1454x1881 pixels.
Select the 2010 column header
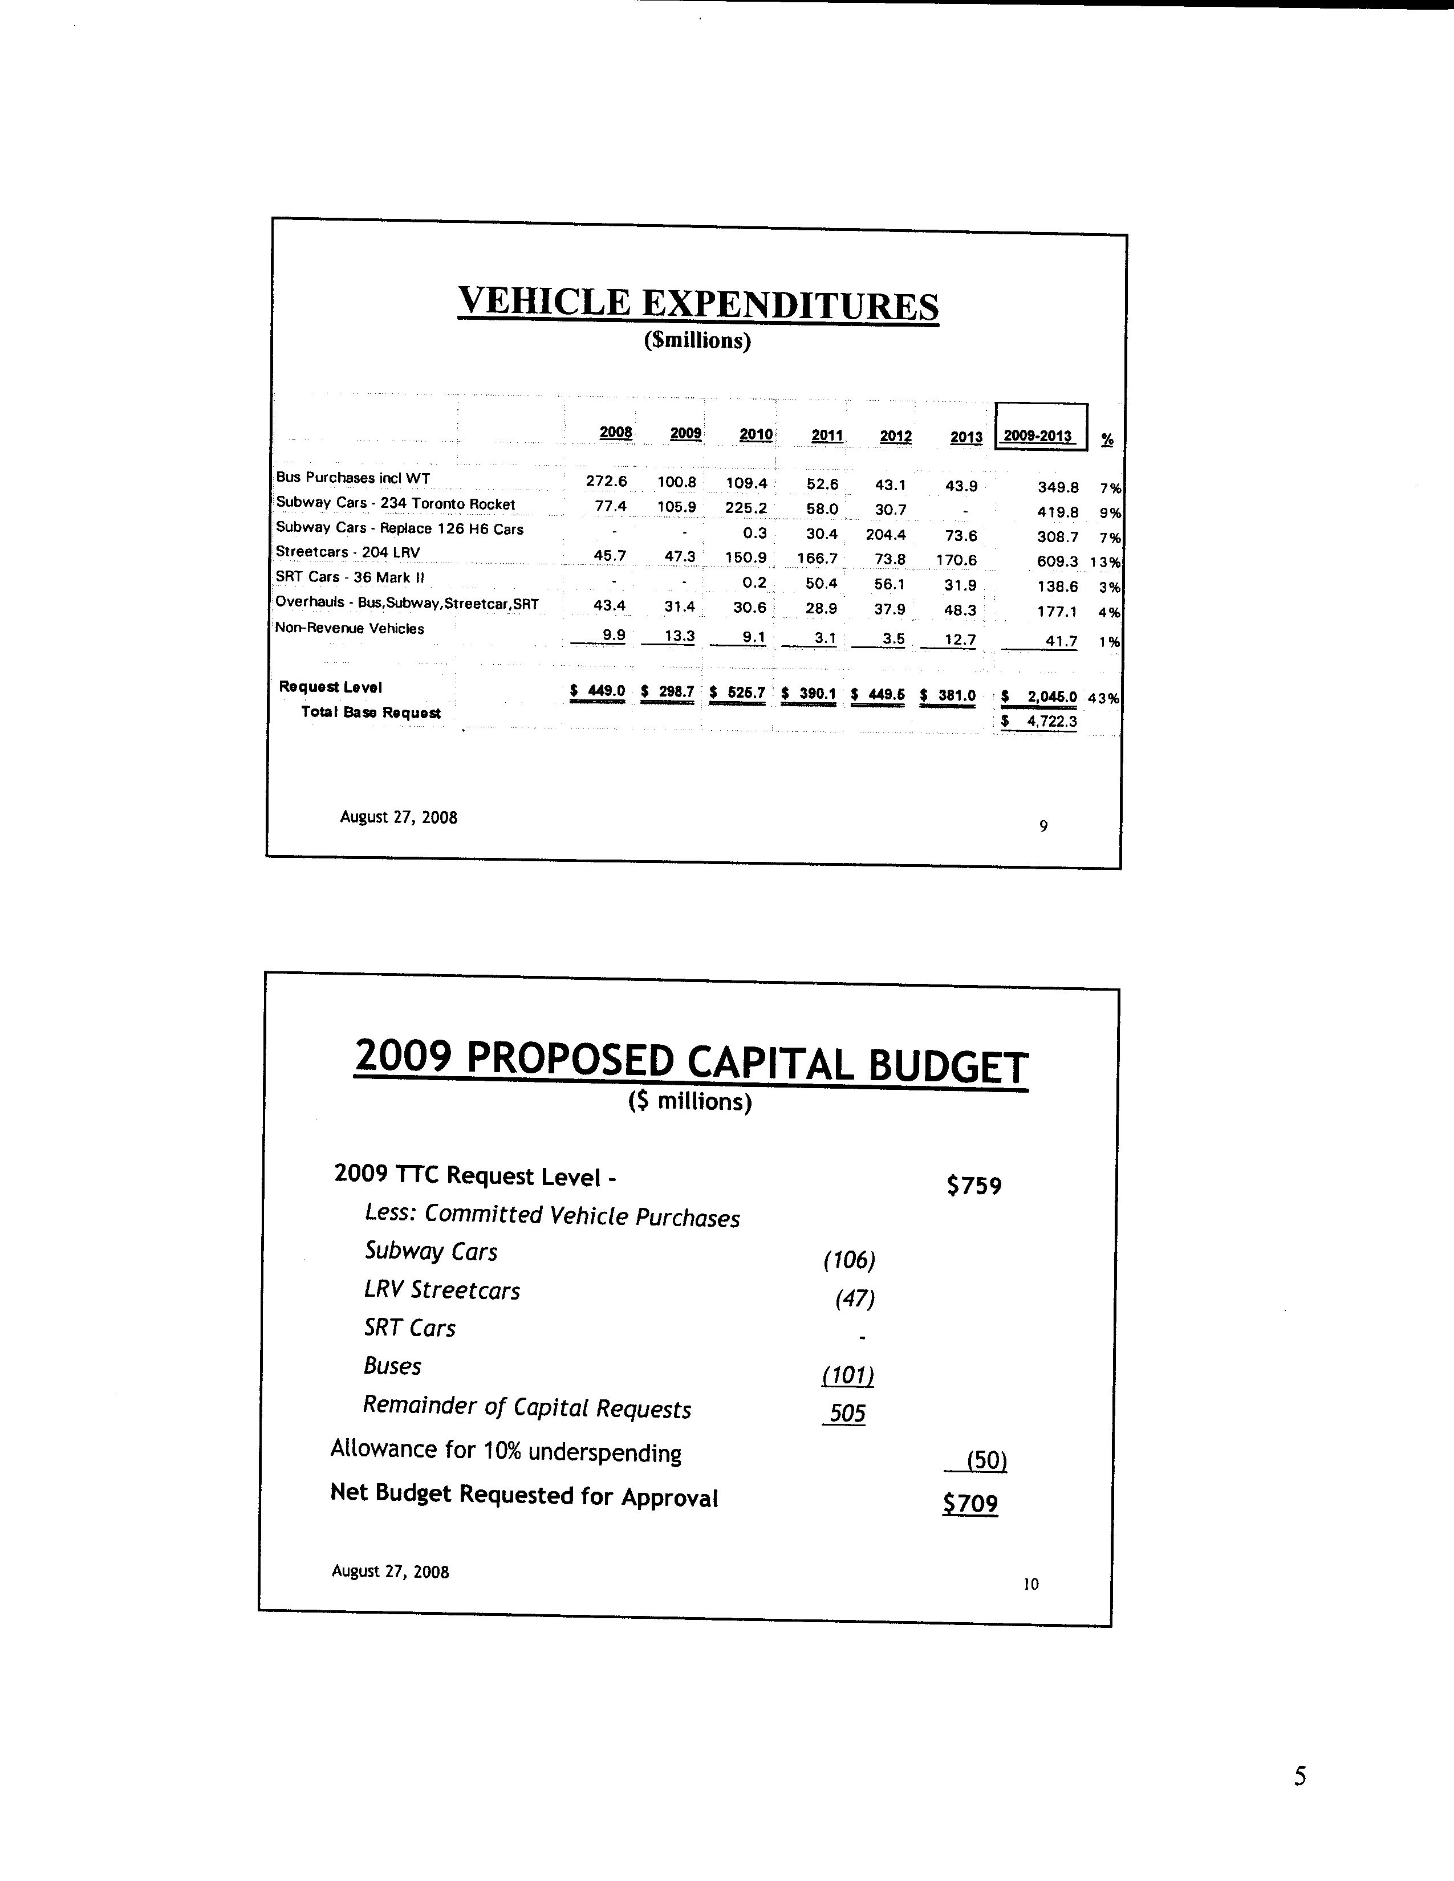point(756,434)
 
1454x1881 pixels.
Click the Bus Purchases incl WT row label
point(353,478)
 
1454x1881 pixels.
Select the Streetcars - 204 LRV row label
point(348,552)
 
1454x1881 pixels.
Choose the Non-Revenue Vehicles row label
point(350,629)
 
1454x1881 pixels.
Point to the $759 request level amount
point(973,1187)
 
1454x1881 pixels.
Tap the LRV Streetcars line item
point(442,1290)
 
